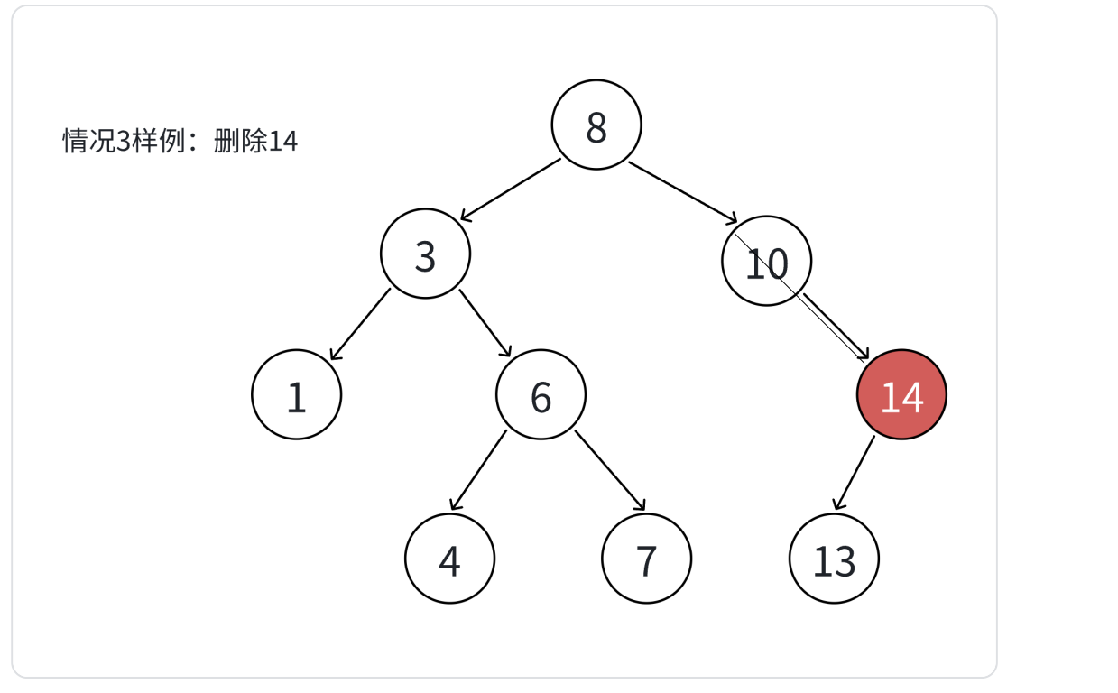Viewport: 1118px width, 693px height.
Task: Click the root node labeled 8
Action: point(596,125)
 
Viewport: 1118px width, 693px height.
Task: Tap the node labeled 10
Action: point(766,262)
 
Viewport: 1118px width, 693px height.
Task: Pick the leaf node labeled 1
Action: point(296,395)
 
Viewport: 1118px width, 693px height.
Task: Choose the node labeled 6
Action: point(541,395)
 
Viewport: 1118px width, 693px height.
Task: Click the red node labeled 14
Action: point(901,395)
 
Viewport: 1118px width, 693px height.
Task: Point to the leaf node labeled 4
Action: point(449,559)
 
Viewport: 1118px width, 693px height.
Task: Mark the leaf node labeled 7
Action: point(646,559)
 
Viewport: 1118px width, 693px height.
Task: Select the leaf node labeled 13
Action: point(834,559)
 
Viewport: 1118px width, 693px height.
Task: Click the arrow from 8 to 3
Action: point(511,189)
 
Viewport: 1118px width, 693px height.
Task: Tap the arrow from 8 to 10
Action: point(683,191)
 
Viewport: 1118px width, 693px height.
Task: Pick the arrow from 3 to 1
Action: point(361,324)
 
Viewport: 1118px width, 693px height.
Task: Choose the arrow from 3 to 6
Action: point(485,323)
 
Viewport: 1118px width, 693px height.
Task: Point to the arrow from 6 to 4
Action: point(478,470)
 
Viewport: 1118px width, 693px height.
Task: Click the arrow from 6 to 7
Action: point(610,470)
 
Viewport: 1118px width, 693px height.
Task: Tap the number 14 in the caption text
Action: point(283,142)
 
